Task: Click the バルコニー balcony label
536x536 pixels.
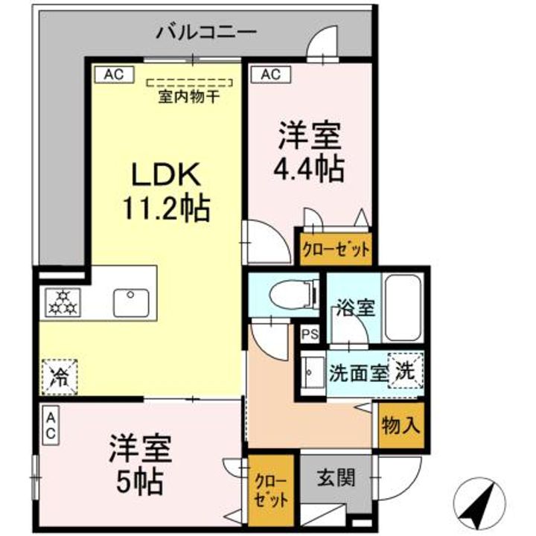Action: click(206, 33)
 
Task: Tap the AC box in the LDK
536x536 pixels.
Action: click(113, 74)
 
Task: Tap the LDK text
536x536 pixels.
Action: click(166, 175)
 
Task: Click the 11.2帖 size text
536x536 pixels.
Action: click(165, 209)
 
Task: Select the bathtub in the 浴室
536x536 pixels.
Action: click(402, 306)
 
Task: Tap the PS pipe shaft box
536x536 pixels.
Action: click(310, 335)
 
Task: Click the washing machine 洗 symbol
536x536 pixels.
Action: click(406, 368)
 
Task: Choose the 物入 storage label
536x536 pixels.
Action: click(401, 427)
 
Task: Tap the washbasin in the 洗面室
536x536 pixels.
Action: click(313, 371)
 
